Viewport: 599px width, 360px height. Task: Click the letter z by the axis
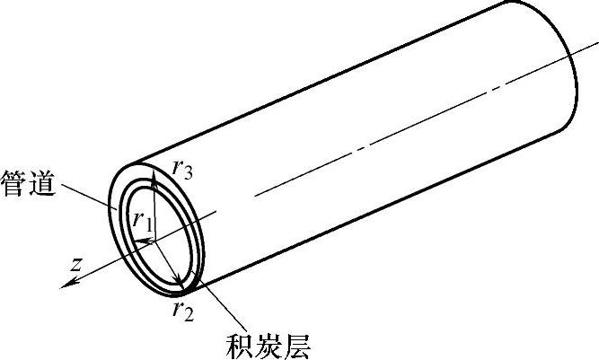pyautogui.click(x=78, y=264)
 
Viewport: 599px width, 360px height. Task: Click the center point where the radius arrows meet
pyautogui.click(x=155, y=241)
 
